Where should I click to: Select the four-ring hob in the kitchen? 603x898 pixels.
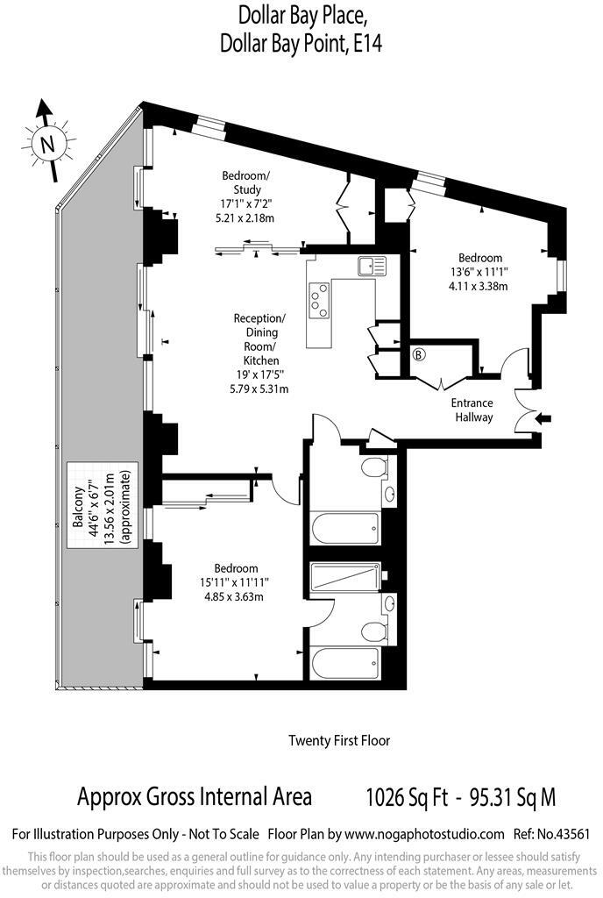point(321,298)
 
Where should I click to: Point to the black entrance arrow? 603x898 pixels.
point(543,419)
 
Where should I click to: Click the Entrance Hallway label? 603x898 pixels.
point(472,410)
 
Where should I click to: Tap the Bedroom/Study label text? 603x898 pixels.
point(246,183)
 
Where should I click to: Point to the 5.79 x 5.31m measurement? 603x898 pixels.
point(259,388)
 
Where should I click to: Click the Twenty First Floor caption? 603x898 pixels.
point(339,740)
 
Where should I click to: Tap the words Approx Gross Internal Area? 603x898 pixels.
point(195,797)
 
